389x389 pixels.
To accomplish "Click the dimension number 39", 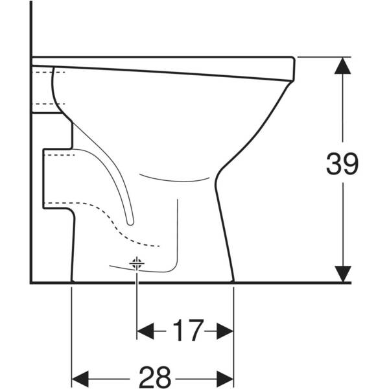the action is coord(342,163).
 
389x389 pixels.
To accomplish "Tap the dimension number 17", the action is coord(188,331).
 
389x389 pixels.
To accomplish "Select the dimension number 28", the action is coord(155,377).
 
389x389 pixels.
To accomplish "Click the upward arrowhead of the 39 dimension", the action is coord(342,65).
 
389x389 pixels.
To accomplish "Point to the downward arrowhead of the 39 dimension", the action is coord(342,274).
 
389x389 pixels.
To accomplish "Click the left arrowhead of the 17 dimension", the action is coord(145,331).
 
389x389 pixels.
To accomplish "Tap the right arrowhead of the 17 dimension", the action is coord(225,331).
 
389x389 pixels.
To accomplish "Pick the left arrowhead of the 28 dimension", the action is coord(80,379).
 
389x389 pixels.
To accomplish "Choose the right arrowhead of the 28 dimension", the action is coord(225,379).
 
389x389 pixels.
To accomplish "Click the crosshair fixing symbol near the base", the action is coord(137,263).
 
